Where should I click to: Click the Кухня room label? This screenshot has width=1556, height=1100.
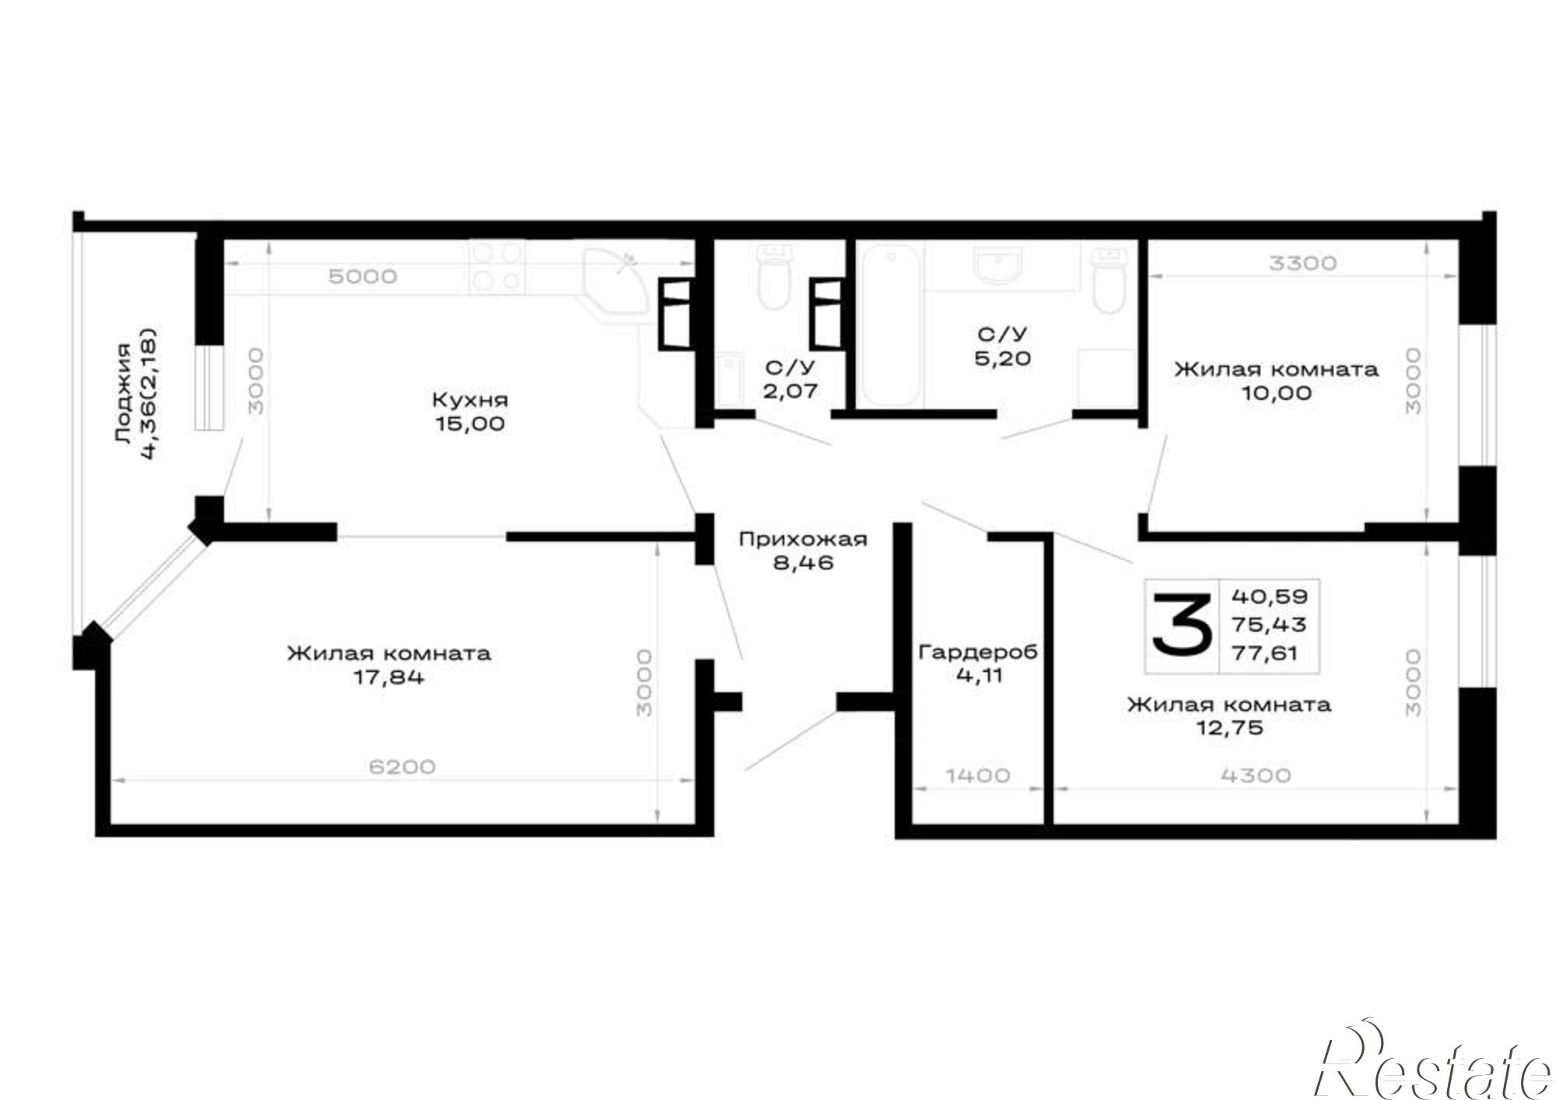coord(470,400)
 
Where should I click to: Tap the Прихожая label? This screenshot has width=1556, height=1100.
coord(803,539)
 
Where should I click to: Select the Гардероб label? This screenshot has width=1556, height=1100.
coord(978,652)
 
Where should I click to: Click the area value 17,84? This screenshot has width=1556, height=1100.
coord(389,677)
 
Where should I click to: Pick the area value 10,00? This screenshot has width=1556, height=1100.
coord(1276,393)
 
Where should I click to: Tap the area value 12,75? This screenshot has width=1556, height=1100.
coord(1228,728)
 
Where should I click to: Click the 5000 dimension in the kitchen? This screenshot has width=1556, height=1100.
coord(363,276)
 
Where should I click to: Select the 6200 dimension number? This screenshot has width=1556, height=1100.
coord(401,766)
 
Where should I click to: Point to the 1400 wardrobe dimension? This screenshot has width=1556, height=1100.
coord(978,775)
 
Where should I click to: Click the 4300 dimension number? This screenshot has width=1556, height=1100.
coord(1256,775)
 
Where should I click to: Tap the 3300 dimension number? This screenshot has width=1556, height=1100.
coord(1302,263)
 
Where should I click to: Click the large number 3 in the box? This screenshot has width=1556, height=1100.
coord(1182,625)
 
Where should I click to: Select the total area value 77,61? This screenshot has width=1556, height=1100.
coord(1265,653)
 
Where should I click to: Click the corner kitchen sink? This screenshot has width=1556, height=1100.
coord(615,284)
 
